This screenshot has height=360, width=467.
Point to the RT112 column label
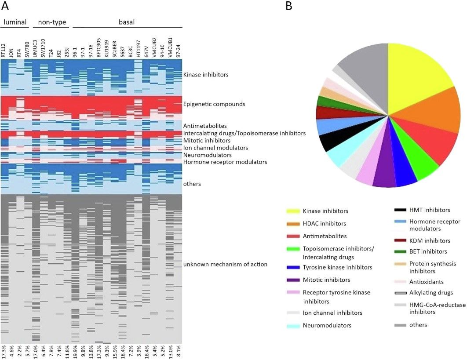click(4, 51)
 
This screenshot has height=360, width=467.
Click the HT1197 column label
click(138, 49)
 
